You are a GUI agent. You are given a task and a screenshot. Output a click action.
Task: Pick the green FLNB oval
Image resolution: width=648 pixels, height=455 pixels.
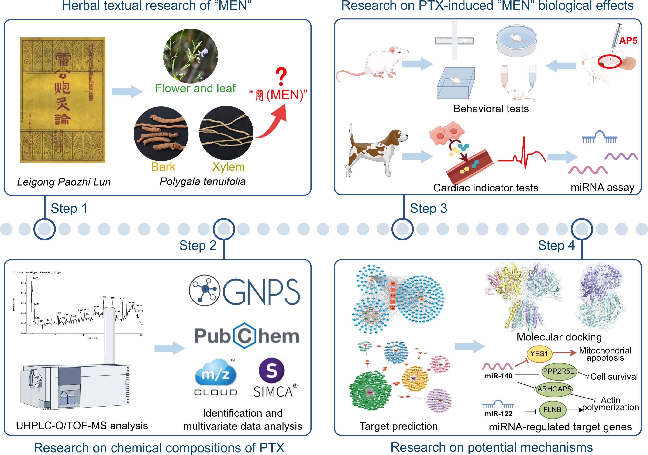pyautogui.click(x=552, y=410)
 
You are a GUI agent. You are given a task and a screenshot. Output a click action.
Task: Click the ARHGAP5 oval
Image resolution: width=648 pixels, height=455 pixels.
pyautogui.click(x=554, y=389)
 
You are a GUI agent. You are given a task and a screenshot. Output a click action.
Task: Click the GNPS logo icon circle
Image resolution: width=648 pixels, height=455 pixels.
pyautogui.click(x=205, y=290)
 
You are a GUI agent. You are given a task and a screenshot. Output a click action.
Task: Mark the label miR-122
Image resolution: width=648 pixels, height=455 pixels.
pyautogui.click(x=498, y=414)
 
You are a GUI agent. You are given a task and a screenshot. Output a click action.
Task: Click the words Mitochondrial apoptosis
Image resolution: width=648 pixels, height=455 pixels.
pyautogui.click(x=605, y=354)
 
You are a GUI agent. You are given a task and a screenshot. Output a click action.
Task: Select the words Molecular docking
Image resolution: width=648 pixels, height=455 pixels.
pyautogui.click(x=559, y=337)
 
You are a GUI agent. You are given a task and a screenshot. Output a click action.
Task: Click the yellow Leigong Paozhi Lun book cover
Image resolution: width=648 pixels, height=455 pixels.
pyautogui.click(x=63, y=100)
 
